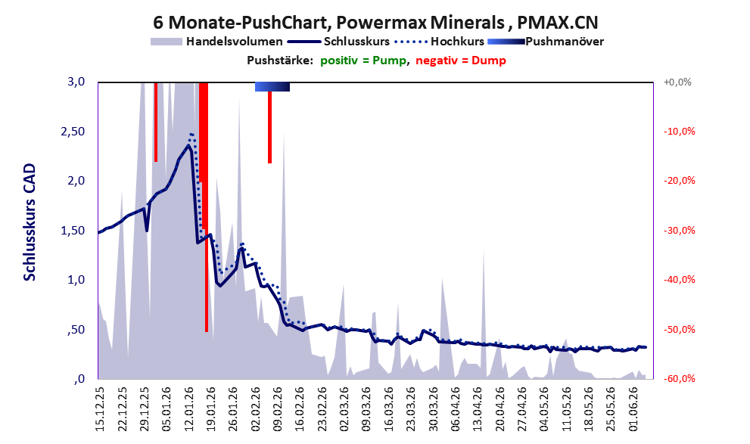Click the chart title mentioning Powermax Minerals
click(x=375, y=22)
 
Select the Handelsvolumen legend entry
click(x=216, y=42)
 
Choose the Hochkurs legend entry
click(x=439, y=42)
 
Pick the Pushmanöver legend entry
click(x=546, y=42)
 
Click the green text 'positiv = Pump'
click(x=363, y=61)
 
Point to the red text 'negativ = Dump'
click(x=461, y=61)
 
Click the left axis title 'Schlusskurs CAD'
click(x=30, y=222)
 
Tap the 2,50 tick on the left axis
click(x=73, y=132)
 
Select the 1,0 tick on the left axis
click(x=76, y=280)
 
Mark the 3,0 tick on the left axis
click(x=76, y=82)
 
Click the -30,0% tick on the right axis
click(x=679, y=231)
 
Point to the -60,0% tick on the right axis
click(x=679, y=378)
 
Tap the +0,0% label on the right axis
click(x=677, y=82)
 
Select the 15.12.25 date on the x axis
click(x=100, y=408)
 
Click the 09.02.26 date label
click(x=278, y=408)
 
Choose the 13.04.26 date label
click(x=478, y=408)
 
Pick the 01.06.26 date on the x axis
click(x=633, y=408)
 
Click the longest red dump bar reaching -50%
click(x=206, y=207)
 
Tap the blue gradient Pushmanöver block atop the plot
click(x=272, y=86)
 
